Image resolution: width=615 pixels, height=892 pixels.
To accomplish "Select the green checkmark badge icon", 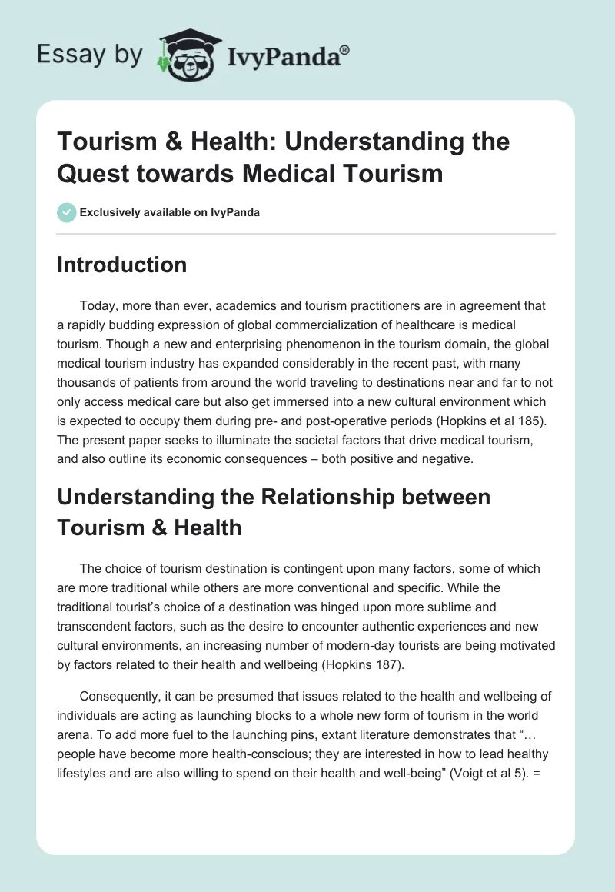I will point(66,212).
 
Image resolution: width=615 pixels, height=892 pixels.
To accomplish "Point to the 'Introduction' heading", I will point(121,265).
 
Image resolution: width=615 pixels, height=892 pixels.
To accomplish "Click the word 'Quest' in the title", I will point(95,173).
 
